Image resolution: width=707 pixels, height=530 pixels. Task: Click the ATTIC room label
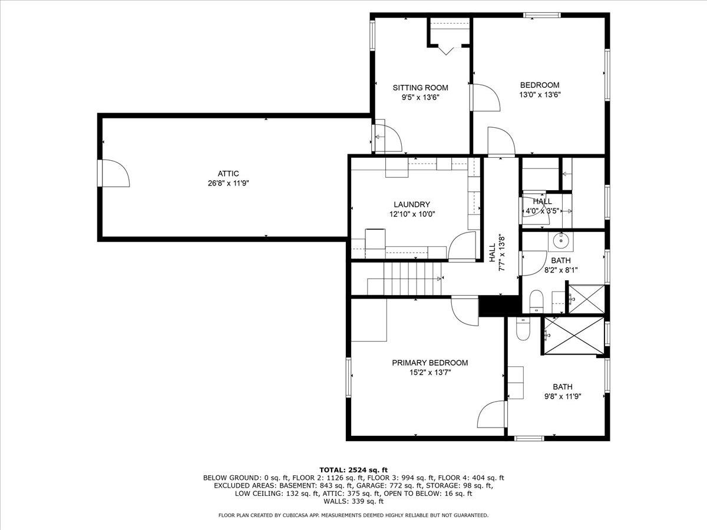(228, 173)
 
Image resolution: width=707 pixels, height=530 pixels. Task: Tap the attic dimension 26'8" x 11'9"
(228, 183)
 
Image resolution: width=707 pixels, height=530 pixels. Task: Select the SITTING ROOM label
(417, 88)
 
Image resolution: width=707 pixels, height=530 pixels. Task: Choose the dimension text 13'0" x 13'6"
(539, 95)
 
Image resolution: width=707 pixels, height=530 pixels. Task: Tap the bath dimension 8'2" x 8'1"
(560, 270)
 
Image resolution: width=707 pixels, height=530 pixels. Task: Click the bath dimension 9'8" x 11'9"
(562, 397)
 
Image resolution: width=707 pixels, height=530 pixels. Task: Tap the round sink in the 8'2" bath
(561, 240)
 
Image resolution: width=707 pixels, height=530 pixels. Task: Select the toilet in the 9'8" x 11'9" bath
(523, 329)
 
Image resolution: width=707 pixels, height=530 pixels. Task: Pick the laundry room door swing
(463, 247)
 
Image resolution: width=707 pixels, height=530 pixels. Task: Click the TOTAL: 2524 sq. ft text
(353, 469)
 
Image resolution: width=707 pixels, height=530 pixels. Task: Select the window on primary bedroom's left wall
(348, 377)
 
